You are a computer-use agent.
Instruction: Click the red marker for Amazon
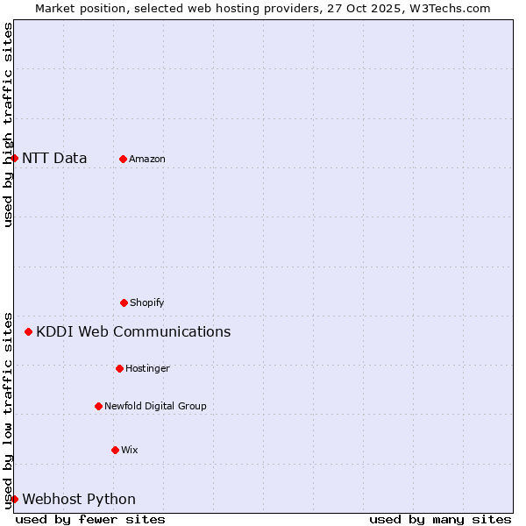pyautogui.click(x=123, y=159)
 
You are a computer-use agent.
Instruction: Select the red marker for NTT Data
pyautogui.click(x=14, y=158)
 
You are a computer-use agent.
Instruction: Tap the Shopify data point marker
pyautogui.click(x=124, y=302)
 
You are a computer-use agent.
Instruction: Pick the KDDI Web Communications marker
pyautogui.click(x=28, y=331)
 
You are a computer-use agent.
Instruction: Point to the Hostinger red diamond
pyautogui.click(x=119, y=368)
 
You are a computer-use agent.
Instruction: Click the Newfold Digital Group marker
pyautogui.click(x=98, y=406)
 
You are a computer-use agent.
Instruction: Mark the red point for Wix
pyautogui.click(x=115, y=450)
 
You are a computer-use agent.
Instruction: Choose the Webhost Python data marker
pyautogui.click(x=14, y=499)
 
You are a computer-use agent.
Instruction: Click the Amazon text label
pyautogui.click(x=147, y=159)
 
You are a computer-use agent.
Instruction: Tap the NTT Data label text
pyautogui.click(x=54, y=158)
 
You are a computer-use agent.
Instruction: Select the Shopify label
pyautogui.click(x=147, y=302)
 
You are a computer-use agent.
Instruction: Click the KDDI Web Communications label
pyautogui.click(x=133, y=331)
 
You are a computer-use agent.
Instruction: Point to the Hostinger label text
pyautogui.click(x=147, y=368)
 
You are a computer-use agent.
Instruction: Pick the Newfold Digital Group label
pyautogui.click(x=155, y=406)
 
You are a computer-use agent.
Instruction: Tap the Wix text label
pyautogui.click(x=130, y=450)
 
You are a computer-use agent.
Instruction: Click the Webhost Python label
pyautogui.click(x=79, y=499)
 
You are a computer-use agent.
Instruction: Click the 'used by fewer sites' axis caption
pyautogui.click(x=90, y=519)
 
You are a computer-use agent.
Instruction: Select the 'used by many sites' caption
pyautogui.click(x=440, y=519)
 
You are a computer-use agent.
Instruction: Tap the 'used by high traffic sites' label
pyautogui.click(x=8, y=124)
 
